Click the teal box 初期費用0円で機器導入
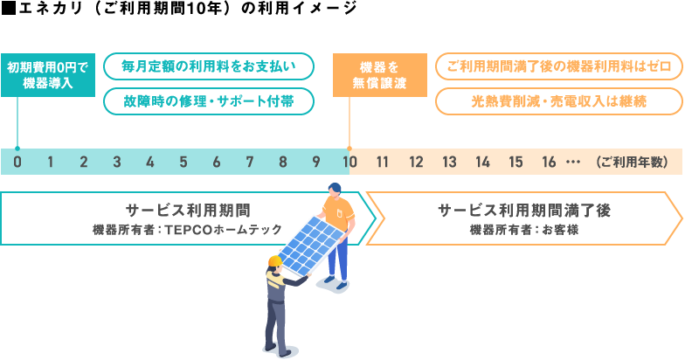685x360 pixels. click(x=48, y=75)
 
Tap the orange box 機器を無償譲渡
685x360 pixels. click(x=379, y=75)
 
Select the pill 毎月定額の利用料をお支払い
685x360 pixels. click(x=209, y=66)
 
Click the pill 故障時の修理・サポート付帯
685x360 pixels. click(x=209, y=101)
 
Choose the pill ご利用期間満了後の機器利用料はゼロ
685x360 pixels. click(x=559, y=66)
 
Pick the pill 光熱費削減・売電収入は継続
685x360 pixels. click(x=559, y=101)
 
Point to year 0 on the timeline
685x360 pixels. click(x=17, y=163)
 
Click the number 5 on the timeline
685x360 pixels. click(x=183, y=163)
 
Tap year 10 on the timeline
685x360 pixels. click(x=349, y=163)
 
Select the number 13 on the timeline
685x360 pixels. click(x=449, y=163)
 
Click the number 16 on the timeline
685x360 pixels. click(x=549, y=163)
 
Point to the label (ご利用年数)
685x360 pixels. click(x=632, y=163)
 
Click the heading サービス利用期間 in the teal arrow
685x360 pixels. click(x=189, y=211)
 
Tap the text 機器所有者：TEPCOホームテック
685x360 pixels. click(x=187, y=230)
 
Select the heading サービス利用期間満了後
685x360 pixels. click(x=524, y=211)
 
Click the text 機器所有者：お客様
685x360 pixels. click(x=524, y=230)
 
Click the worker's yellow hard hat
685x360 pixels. click(x=275, y=260)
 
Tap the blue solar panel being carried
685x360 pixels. click(x=311, y=246)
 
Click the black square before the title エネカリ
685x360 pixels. click(x=9, y=9)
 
